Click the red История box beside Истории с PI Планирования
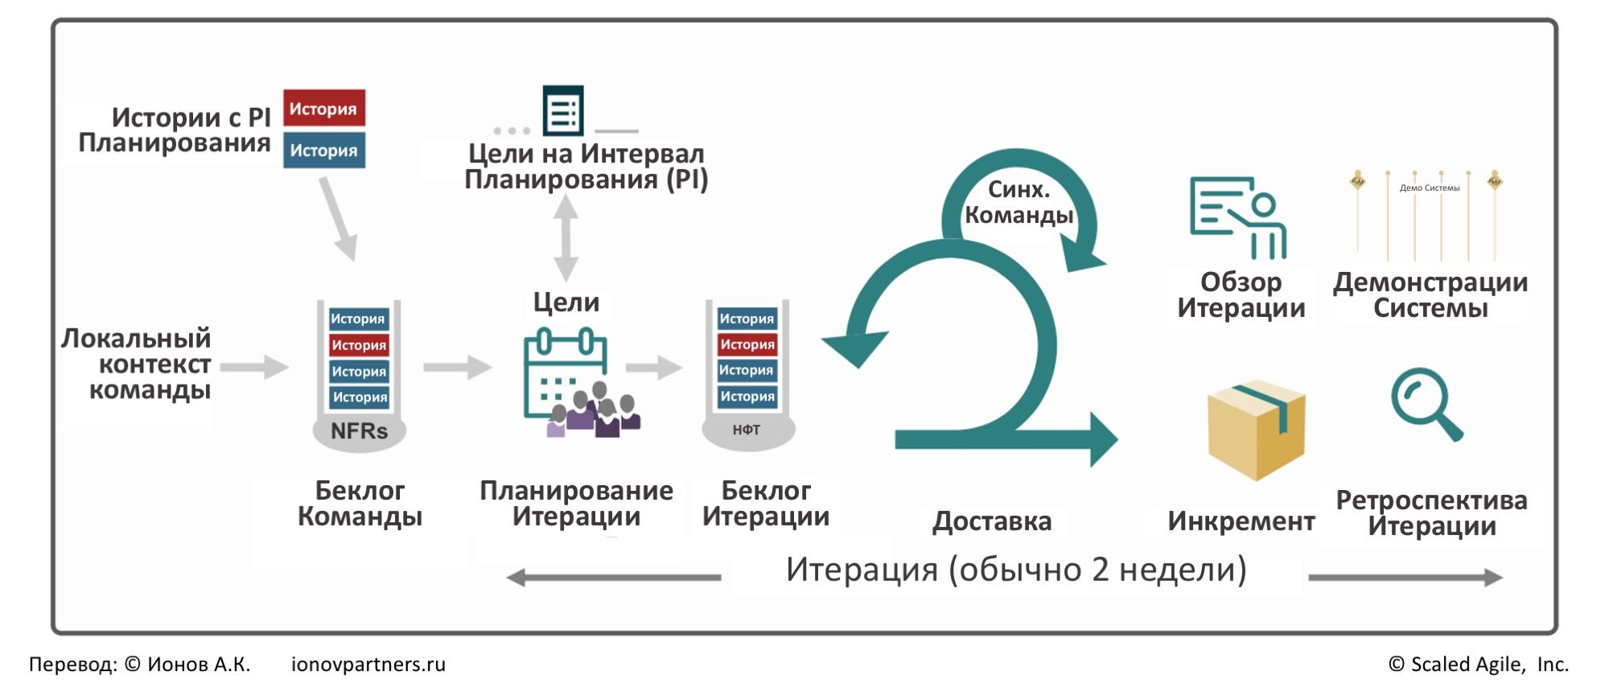coord(324,108)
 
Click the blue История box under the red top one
coord(324,150)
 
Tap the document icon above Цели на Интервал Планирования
coord(563,110)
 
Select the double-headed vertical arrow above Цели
coord(566,237)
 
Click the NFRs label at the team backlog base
coord(359,431)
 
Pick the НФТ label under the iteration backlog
coord(747,430)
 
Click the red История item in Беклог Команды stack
coord(359,345)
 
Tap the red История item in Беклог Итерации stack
coord(747,344)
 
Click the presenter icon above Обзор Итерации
coord(1238,217)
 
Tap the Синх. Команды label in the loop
coord(1018,202)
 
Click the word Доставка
coord(992,521)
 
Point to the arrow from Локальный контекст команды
coord(254,367)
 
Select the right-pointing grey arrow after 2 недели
coord(1405,577)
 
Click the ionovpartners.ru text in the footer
coord(368,665)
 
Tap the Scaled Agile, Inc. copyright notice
coord(1479,665)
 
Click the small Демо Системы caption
coord(1430,187)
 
